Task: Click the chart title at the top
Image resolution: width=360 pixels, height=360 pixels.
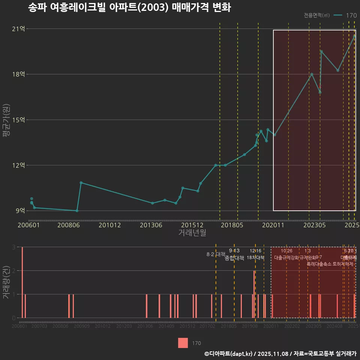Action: (x=129, y=7)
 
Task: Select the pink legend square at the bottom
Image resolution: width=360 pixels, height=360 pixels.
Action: (x=183, y=343)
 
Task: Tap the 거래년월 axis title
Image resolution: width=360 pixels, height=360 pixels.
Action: (x=192, y=233)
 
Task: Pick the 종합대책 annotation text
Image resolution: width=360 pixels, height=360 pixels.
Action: (x=234, y=258)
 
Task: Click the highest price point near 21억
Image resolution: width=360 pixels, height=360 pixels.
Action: (x=354, y=36)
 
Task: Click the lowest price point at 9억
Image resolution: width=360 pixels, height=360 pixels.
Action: (x=77, y=211)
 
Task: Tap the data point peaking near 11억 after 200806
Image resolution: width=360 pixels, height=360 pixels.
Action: (x=81, y=183)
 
